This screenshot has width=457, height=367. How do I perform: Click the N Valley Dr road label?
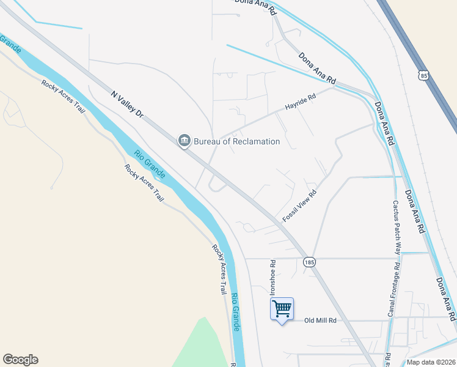pos(127,105)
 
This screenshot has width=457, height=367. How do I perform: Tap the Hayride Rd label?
pos(301,102)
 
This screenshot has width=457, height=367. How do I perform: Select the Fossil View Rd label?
pos(299,206)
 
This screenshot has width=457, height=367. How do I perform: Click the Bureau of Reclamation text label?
pos(237,141)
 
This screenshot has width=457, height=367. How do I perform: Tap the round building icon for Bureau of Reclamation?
pos(184,141)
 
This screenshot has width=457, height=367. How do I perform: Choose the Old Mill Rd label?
pos(321,321)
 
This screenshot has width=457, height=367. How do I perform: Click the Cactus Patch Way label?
pos(397,227)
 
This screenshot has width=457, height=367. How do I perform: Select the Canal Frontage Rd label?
pos(392,291)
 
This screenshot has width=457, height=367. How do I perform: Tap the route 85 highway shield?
pos(424,75)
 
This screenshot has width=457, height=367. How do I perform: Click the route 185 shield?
pos(309,262)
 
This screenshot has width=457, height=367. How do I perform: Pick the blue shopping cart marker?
pos(282,308)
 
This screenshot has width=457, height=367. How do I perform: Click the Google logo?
pos(20,360)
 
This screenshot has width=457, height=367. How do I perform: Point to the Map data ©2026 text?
pos(430,362)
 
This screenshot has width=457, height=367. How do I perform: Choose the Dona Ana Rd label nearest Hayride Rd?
pos(317,68)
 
